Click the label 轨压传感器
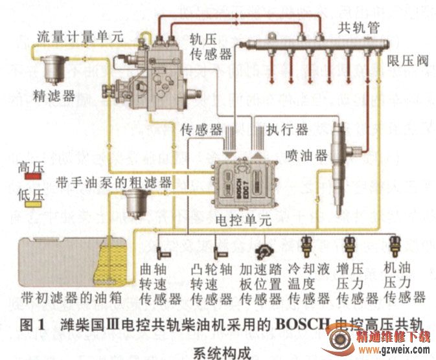211,47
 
